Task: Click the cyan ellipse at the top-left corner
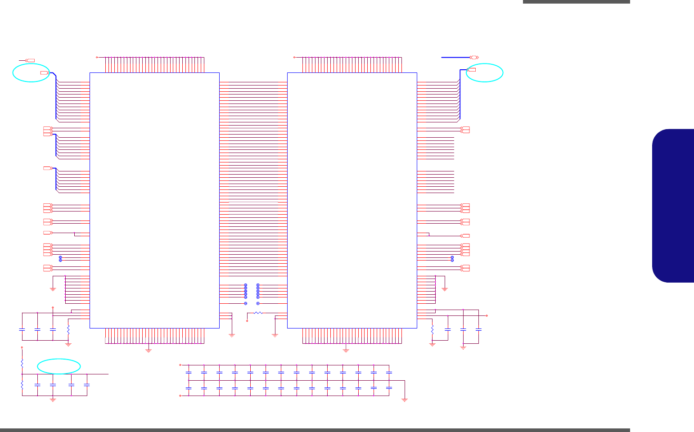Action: click(31, 72)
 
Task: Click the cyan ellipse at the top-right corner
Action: click(485, 72)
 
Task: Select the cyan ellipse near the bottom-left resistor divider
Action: click(59, 366)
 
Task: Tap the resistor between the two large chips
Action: click(258, 313)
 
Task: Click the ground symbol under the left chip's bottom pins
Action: click(149, 350)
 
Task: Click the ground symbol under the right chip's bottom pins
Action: click(346, 350)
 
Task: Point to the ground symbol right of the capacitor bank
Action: click(404, 400)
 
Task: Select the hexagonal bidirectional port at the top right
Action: click(473, 58)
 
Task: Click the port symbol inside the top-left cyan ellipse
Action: click(44, 72)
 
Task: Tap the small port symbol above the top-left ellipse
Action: click(30, 60)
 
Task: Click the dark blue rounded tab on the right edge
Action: click(673, 206)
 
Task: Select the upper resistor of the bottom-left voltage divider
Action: click(22, 362)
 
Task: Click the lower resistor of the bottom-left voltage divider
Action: click(22, 385)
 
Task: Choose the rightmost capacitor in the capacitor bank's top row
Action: click(389, 373)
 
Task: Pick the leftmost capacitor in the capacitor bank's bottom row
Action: click(189, 388)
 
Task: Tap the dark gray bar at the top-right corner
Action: click(576, 2)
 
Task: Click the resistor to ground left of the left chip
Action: click(68, 329)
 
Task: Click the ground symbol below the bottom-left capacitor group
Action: click(53, 400)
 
